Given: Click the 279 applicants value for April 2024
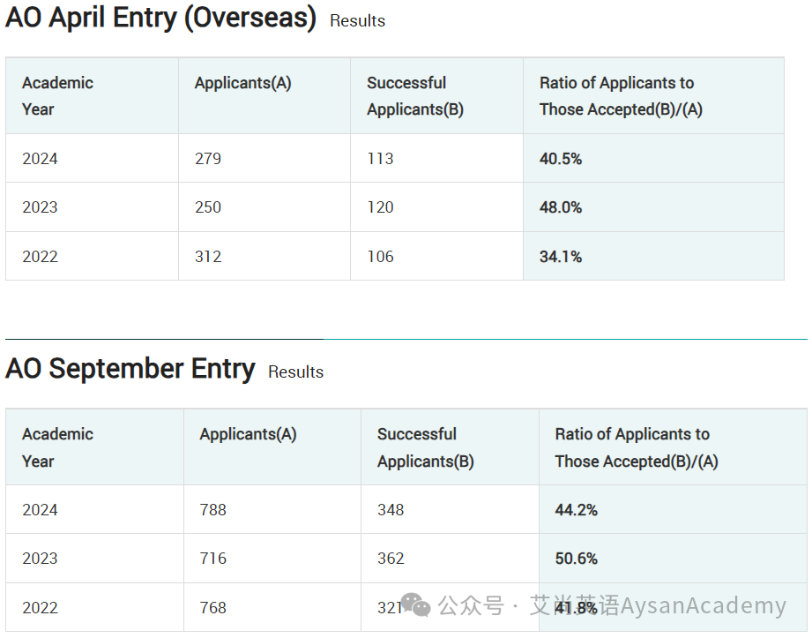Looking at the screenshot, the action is click(x=208, y=159).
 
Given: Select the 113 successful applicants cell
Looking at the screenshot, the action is click(x=380, y=159).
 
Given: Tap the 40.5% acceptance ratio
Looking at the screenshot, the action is click(x=561, y=159).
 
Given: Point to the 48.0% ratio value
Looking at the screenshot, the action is click(x=561, y=207).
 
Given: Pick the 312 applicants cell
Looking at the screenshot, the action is click(x=208, y=257).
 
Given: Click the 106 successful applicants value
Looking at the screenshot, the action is click(x=380, y=257).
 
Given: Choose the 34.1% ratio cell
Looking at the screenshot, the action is click(x=561, y=257).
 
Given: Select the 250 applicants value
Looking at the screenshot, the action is click(x=208, y=207).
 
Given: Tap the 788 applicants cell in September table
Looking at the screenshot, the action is click(x=212, y=510).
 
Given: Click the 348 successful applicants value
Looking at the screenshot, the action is click(x=391, y=510).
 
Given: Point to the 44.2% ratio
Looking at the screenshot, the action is click(x=576, y=510).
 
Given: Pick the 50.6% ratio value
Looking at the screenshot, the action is click(x=576, y=559).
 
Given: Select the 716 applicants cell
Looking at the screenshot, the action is click(x=212, y=559).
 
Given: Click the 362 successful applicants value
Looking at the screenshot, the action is click(x=391, y=559).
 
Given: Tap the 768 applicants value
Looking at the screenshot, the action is click(x=212, y=607).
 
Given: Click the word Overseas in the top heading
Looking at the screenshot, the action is click(x=250, y=19).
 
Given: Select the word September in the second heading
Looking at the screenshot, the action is click(x=116, y=370).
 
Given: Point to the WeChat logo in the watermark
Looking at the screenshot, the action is click(x=416, y=604).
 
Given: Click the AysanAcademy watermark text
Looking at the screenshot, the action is click(x=704, y=605).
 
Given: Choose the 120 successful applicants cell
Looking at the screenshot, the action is click(x=380, y=207).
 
